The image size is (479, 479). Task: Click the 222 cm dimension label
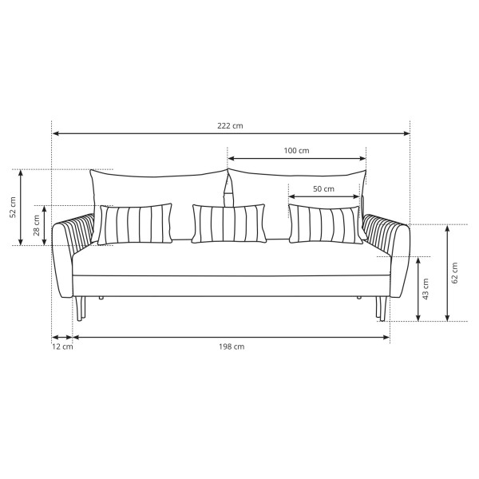click(230, 126)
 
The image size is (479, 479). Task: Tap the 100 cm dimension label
click(296, 151)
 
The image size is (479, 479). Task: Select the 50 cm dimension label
click(323, 189)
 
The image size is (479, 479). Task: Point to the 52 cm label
click(13, 208)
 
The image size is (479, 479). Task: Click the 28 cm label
click(37, 225)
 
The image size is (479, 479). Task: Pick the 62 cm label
click(454, 273)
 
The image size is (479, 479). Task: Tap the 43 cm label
click(426, 289)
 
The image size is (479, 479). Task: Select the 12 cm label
click(62, 346)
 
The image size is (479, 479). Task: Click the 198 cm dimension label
click(232, 346)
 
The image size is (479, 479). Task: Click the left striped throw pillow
click(135, 224)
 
